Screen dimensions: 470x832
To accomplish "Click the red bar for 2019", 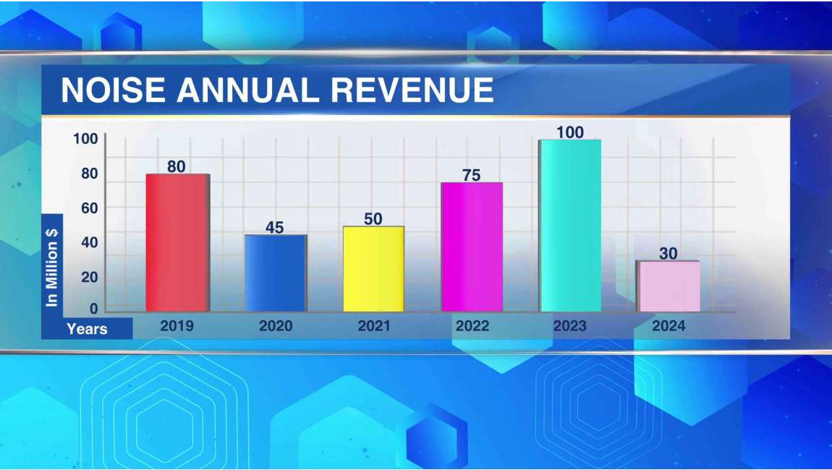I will [x=177, y=243].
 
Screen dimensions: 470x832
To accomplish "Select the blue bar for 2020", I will [x=276, y=273].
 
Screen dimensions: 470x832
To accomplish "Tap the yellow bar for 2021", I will [x=373, y=269].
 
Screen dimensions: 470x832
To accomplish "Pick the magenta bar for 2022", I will [x=472, y=247].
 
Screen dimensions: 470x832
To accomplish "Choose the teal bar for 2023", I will [x=570, y=226].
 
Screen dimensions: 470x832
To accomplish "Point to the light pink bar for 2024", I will [x=668, y=286].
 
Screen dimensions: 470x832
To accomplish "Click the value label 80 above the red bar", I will [x=177, y=166].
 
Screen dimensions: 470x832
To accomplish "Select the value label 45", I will [x=275, y=228].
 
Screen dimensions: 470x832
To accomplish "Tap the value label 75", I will [x=472, y=175].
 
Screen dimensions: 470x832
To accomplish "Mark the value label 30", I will [x=668, y=254].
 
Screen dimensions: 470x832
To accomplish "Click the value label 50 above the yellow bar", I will [x=373, y=219].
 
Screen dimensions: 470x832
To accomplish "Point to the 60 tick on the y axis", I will [x=89, y=208].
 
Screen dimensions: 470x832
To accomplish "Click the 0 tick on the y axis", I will [x=93, y=309].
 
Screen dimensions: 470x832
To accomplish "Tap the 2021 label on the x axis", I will [x=374, y=326].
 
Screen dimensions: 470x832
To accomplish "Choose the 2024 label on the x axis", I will [x=668, y=326].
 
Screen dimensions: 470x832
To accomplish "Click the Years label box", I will [x=87, y=329].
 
